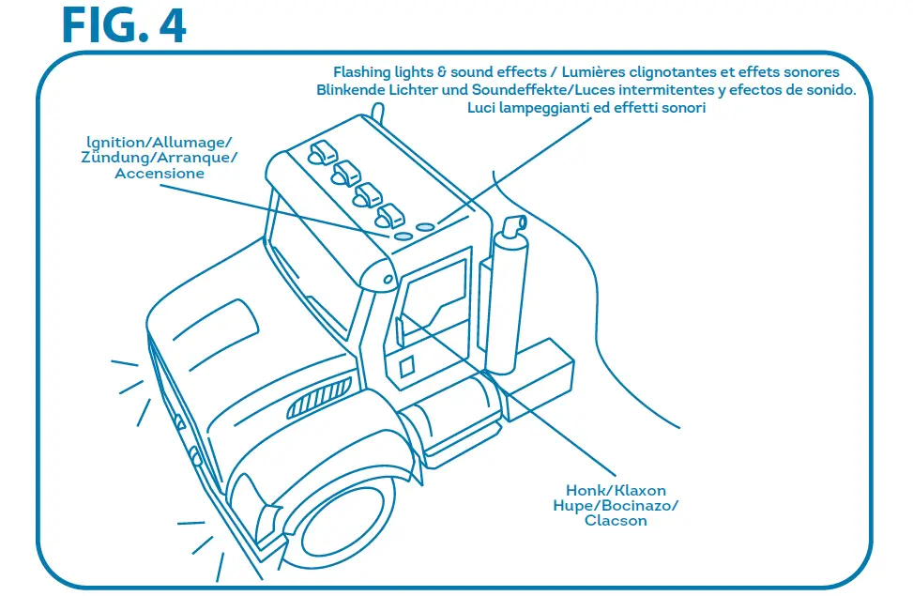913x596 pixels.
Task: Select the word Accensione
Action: [x=160, y=174]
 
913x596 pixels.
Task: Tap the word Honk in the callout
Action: [x=586, y=491]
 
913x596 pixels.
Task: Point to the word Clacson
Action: [x=615, y=521]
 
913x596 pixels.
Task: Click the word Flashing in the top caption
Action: [x=363, y=72]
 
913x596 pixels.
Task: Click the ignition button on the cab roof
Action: [x=403, y=237]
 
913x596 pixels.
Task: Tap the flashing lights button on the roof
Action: [x=425, y=226]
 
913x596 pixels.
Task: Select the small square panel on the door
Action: [x=406, y=366]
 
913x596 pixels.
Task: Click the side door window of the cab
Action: [x=434, y=300]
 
